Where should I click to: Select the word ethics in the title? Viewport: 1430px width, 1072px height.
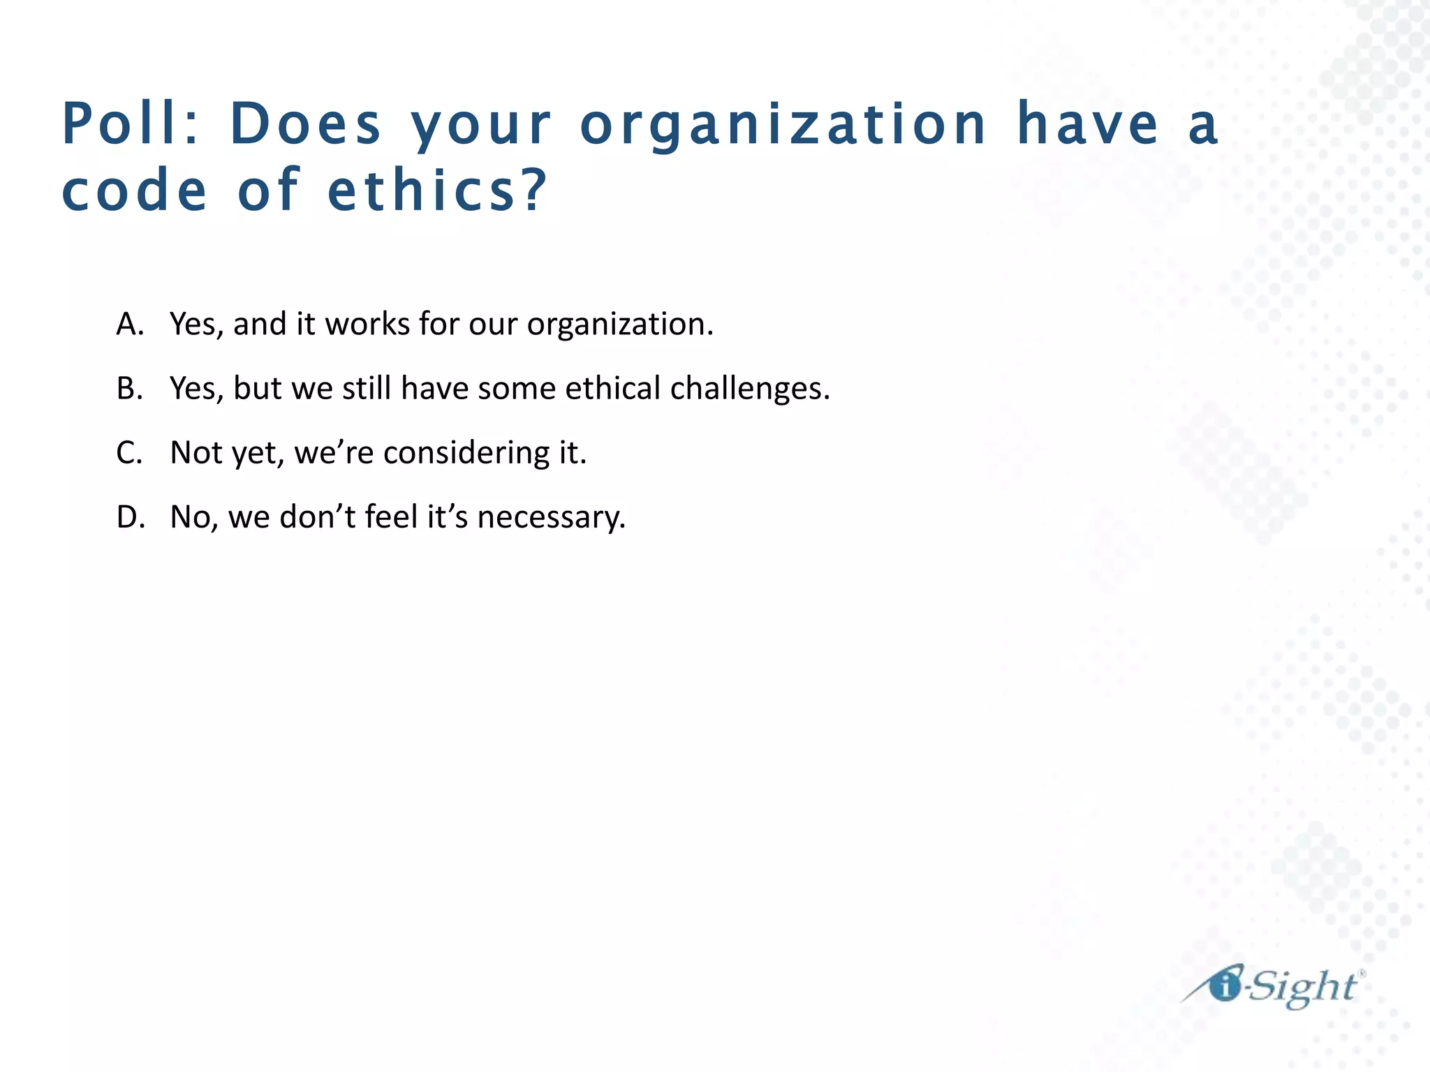[x=427, y=191]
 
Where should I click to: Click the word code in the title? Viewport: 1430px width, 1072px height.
[x=135, y=191]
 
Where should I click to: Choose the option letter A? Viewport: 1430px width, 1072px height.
[x=130, y=325]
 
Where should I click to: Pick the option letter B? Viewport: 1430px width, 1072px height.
[x=130, y=389]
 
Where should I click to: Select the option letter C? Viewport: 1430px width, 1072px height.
[x=130, y=453]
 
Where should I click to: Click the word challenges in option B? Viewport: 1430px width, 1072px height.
[x=750, y=389]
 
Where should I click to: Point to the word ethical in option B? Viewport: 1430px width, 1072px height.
[x=612, y=389]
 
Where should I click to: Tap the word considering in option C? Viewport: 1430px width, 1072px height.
[x=466, y=453]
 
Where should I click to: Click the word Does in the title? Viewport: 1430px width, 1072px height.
[x=305, y=124]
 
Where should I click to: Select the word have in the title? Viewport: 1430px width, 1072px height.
[x=1087, y=124]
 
